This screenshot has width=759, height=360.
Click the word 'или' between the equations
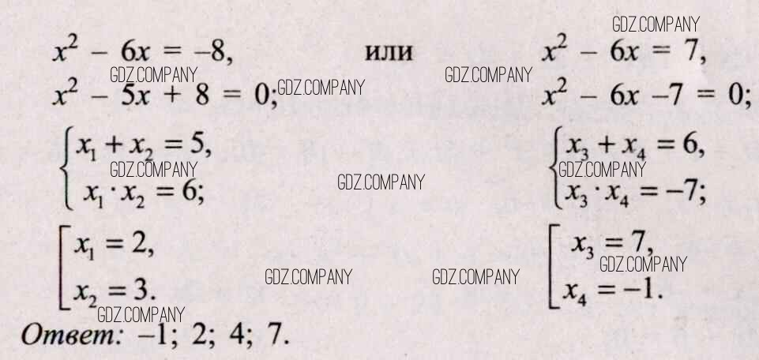[x=389, y=54]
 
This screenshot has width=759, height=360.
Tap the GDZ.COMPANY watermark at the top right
[x=656, y=25]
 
